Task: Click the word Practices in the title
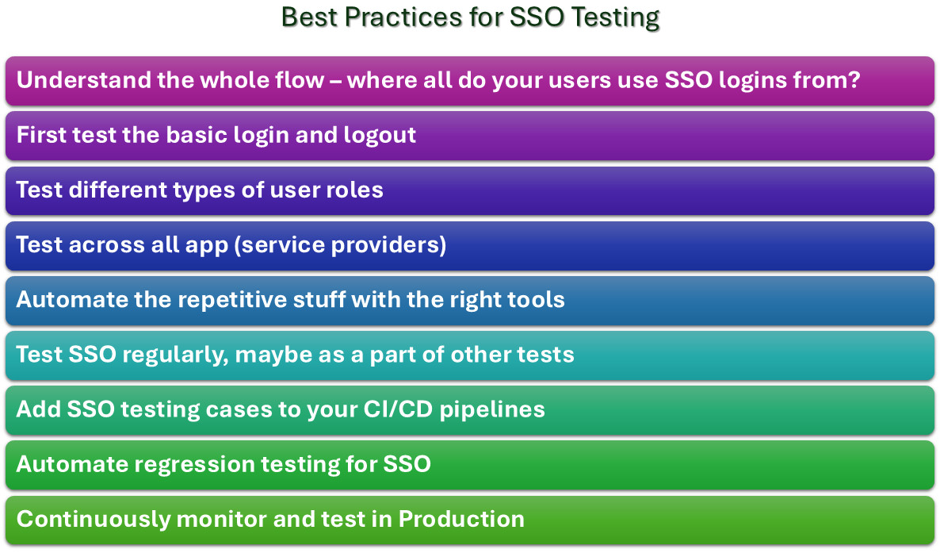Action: pyautogui.click(x=403, y=17)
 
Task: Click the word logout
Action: pyautogui.click(x=380, y=135)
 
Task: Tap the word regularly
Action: pyautogui.click(x=175, y=355)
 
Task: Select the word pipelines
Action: pyautogui.click(x=492, y=409)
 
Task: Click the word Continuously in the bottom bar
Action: pyautogui.click(x=94, y=520)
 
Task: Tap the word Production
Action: pyautogui.click(x=461, y=519)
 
